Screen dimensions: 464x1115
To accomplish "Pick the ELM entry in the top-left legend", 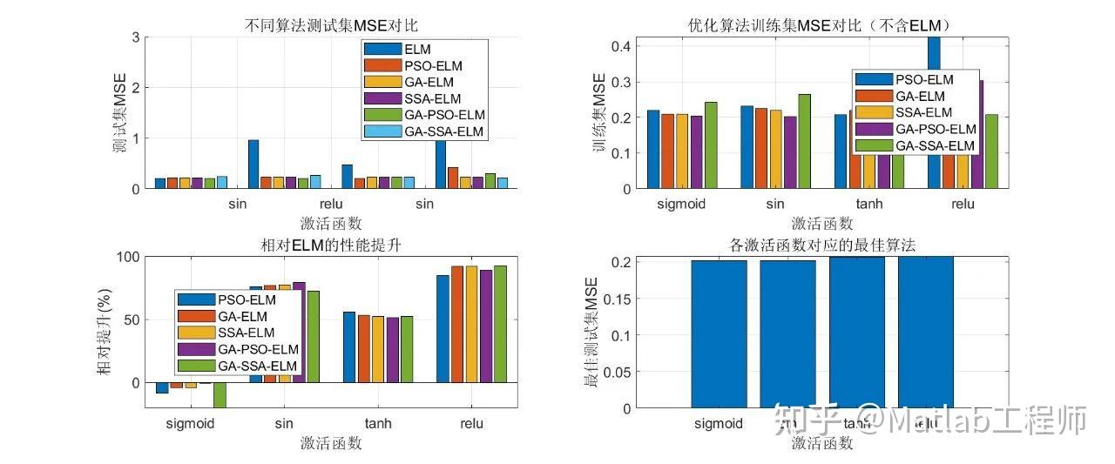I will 417,50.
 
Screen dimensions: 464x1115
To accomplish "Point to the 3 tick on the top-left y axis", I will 134,37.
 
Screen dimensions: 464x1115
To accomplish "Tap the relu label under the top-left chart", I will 325,205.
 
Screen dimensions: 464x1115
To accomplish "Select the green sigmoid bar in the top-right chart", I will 711,145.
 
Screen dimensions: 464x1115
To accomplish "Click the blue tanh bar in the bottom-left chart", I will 349,346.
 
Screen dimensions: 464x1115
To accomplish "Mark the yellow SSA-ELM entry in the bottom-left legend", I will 246,333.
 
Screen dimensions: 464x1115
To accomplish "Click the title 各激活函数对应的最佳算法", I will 822,245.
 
